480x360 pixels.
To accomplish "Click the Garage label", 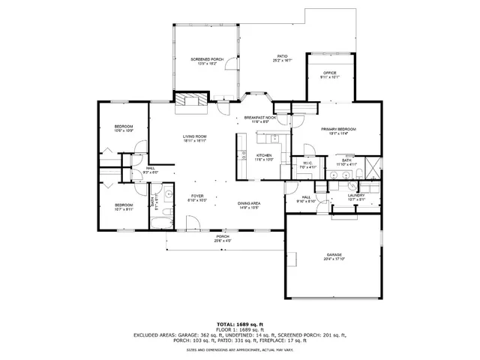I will click(334, 256).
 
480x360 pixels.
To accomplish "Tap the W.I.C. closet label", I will click(308, 164).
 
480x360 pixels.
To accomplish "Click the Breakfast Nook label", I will click(260, 118).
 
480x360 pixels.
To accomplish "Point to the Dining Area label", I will click(249, 204).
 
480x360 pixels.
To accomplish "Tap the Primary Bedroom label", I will click(338, 130).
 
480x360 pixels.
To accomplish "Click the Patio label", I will click(281, 56).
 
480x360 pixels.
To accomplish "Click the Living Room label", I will click(194, 137).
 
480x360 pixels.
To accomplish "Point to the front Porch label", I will click(223, 238).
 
